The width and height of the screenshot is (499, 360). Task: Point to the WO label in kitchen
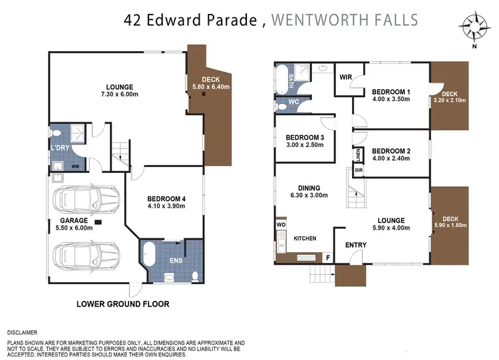click(281, 226)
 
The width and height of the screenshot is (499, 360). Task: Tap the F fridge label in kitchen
click(327, 256)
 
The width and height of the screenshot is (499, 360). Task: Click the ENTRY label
click(355, 245)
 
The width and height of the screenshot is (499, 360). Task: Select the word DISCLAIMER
click(23, 331)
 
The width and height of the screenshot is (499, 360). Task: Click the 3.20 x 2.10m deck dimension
click(450, 101)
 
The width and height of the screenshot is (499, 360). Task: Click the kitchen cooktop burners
click(307, 257)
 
